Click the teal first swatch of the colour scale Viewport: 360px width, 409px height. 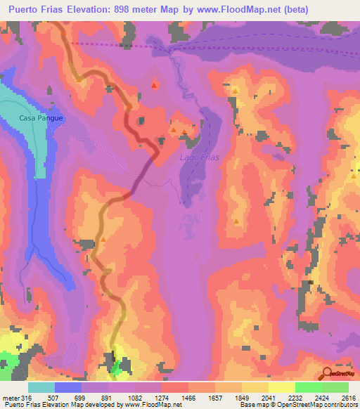41,387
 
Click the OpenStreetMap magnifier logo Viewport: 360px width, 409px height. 328,372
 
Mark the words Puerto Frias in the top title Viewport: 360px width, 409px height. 32,11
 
